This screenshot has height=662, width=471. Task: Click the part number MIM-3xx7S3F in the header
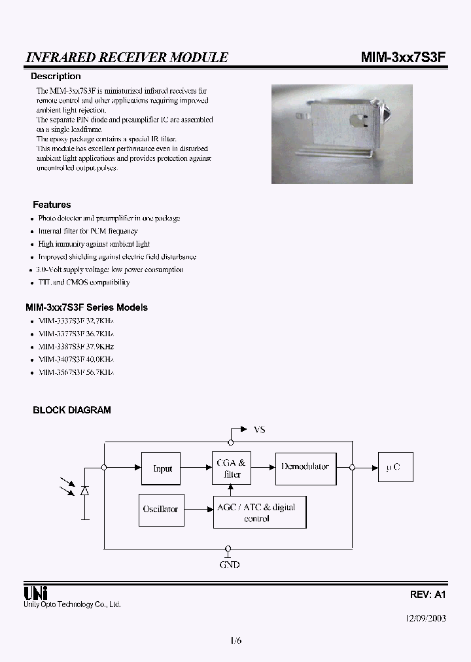[x=403, y=58]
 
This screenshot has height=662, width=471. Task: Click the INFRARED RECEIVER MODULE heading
[x=127, y=58]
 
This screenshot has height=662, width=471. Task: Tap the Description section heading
[x=56, y=77]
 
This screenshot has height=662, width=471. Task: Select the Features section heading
[x=52, y=205]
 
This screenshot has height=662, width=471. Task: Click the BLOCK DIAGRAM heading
[x=72, y=410]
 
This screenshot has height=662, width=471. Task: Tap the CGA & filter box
[x=232, y=468]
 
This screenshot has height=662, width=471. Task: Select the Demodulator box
[x=305, y=467]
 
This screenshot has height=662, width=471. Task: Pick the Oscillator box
[x=160, y=509]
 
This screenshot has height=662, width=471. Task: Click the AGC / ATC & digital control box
[x=260, y=512]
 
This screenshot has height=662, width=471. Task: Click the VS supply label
[x=259, y=430]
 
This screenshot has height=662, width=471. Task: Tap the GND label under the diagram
[x=229, y=564]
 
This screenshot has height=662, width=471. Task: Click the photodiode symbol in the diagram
[x=84, y=491]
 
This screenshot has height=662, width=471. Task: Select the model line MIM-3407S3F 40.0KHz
[x=76, y=359]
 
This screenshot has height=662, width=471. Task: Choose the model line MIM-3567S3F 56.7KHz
[x=76, y=372]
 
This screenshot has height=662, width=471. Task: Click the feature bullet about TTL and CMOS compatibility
[x=84, y=283]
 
